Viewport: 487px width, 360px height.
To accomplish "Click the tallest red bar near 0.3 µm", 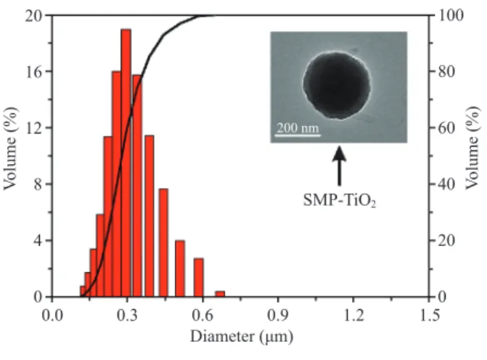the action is point(126,163).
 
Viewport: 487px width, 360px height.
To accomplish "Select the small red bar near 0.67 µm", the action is point(220,294).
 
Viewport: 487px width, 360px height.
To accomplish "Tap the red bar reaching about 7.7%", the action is point(163,242).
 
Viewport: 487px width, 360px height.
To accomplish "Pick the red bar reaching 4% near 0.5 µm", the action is point(180,269).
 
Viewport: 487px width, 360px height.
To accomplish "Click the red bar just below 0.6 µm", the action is point(199,277).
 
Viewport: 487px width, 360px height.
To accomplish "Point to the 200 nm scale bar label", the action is point(298,128).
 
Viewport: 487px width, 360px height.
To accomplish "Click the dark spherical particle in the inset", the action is point(337,85).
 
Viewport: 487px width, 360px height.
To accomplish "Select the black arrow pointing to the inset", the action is point(339,166).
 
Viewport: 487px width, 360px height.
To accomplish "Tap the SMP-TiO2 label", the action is point(340,200).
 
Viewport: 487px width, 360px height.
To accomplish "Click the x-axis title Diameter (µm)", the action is point(242,337).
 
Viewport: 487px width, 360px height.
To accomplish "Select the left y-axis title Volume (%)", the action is point(10,148).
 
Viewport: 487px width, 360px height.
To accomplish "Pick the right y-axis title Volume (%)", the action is point(472,148).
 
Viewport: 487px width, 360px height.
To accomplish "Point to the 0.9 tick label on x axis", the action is point(278,316).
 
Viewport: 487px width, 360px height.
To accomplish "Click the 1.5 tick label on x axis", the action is point(430,316).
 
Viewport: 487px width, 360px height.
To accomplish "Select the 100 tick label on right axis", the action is point(451,15).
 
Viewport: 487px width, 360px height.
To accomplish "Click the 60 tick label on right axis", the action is point(446,128).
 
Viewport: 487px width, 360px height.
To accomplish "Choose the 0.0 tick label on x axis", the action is point(52,316).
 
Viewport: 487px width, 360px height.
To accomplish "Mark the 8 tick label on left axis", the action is point(38,184).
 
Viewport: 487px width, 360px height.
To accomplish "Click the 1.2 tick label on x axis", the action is point(353,316).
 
